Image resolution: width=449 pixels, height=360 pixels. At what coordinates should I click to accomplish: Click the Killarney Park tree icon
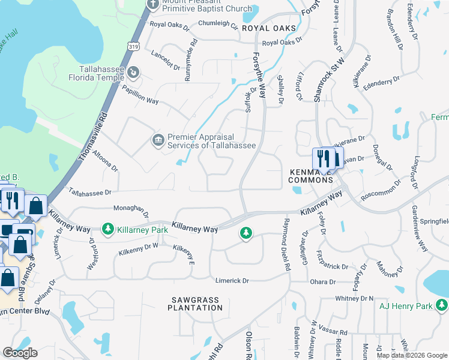107,229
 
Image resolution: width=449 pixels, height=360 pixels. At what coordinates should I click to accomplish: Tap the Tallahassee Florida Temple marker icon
133,73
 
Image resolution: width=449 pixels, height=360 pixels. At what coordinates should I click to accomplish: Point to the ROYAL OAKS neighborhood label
269,28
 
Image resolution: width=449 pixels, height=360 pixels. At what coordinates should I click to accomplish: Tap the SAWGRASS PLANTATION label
195,304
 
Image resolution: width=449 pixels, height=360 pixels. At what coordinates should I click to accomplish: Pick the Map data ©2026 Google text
411,355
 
